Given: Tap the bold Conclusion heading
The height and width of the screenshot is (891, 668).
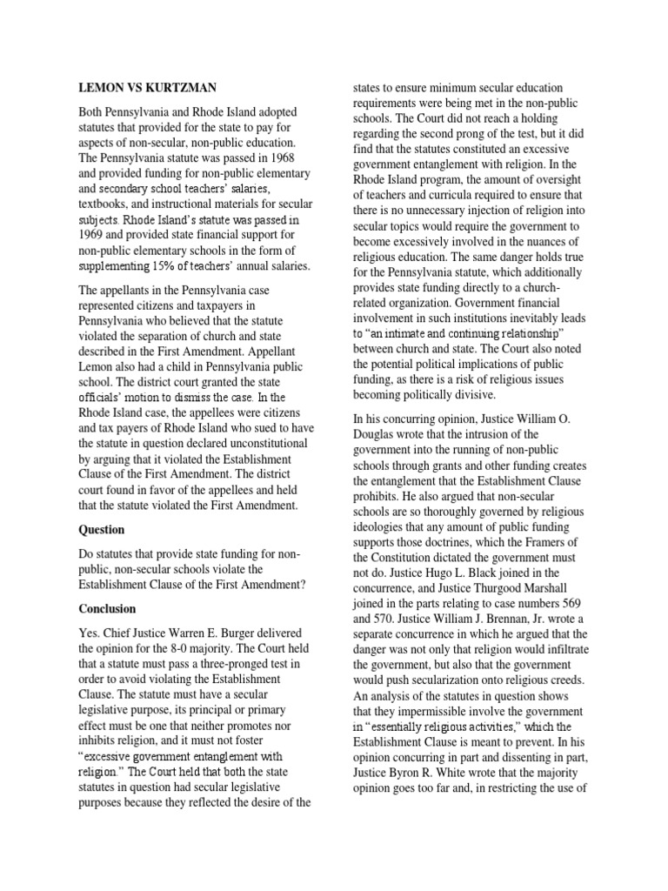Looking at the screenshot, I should pos(107,608).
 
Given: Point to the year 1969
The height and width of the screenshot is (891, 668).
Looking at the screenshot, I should pos(93,236).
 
